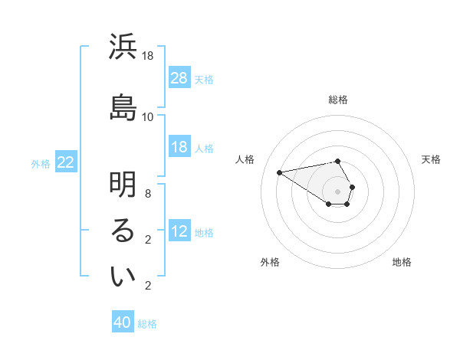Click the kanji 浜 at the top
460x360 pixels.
click(123, 48)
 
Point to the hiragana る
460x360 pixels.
click(123, 233)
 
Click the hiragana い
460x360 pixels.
click(123, 278)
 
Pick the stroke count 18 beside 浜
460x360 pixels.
click(149, 56)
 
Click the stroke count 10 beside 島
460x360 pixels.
click(149, 116)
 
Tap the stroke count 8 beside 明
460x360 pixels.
click(149, 194)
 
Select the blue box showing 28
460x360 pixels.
click(179, 78)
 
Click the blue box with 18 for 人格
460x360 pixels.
click(179, 147)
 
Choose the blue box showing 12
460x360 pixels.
click(179, 232)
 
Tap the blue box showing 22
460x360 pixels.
click(66, 162)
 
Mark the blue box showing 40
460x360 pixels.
click(123, 323)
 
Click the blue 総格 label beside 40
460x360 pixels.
click(147, 324)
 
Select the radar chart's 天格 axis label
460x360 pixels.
click(431, 159)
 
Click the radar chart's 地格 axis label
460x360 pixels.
click(402, 262)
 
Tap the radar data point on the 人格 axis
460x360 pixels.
click(280, 172)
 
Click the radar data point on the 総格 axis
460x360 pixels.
click(337, 161)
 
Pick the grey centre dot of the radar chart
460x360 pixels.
click(337, 191)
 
